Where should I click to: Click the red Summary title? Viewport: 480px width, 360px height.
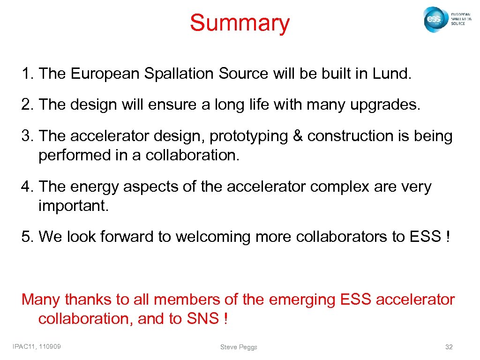[x=240, y=23]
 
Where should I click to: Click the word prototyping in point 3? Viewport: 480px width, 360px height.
[x=248, y=136]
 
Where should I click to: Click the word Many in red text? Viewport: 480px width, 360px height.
[x=41, y=299]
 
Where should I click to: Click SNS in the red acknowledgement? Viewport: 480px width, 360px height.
[x=202, y=319]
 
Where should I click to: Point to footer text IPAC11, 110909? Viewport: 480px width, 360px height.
[x=40, y=346]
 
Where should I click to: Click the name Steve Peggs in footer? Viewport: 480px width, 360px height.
[x=239, y=347]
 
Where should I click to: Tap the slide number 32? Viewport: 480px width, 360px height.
[x=449, y=347]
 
